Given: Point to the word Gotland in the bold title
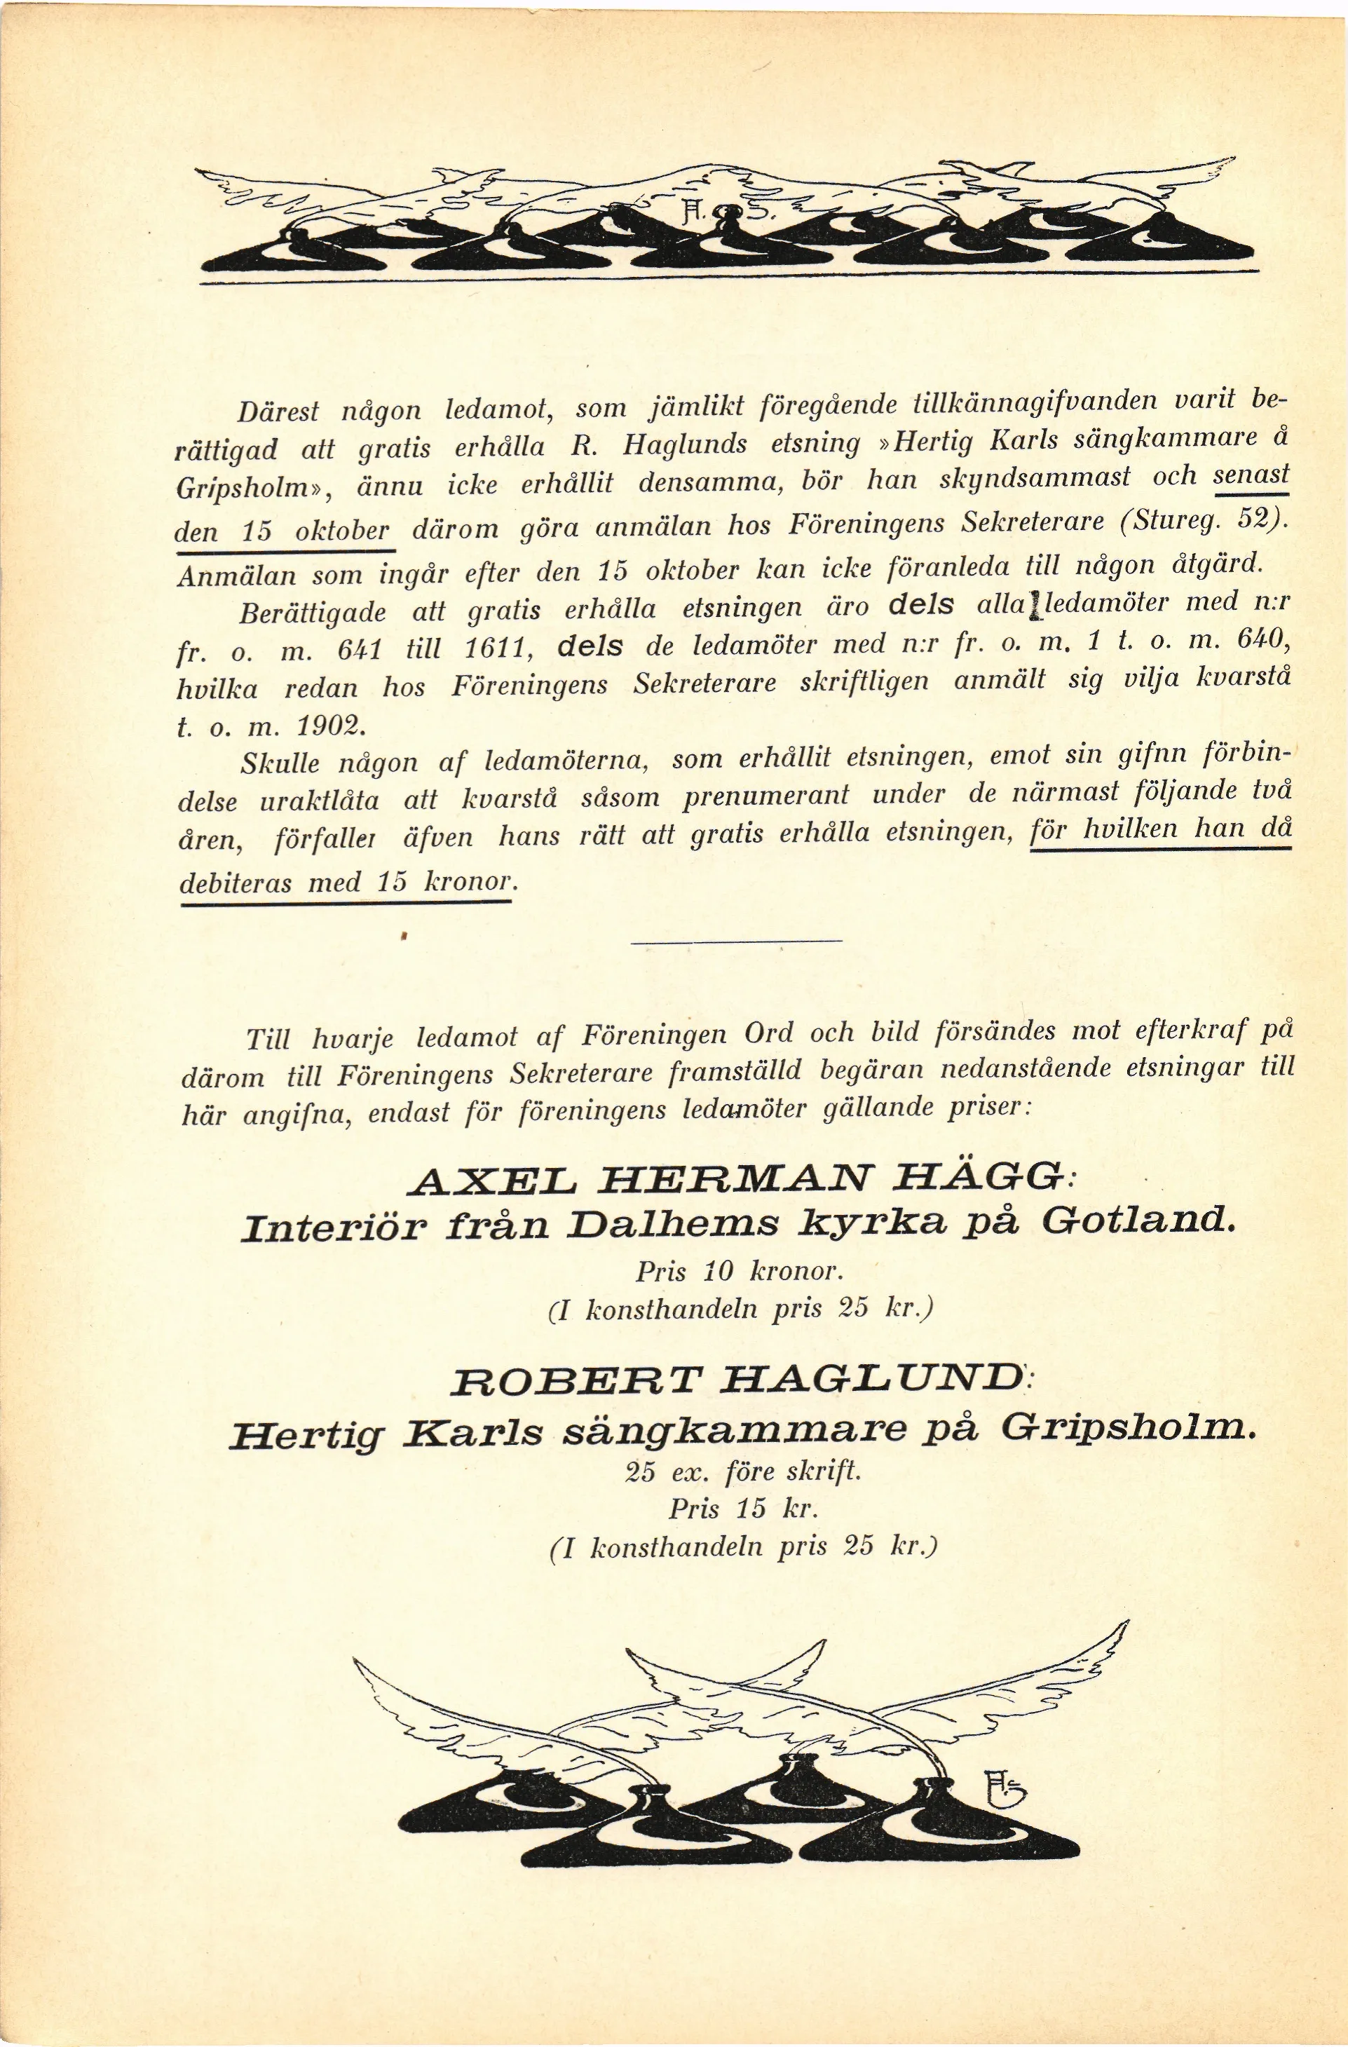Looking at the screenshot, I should [1138, 1221].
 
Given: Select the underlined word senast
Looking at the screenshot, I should [1251, 475].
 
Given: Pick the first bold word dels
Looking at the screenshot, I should [920, 605].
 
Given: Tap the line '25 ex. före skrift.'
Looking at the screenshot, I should [743, 1471].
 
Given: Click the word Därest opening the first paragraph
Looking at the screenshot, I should [278, 411].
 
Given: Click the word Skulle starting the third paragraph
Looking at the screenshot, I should [280, 763].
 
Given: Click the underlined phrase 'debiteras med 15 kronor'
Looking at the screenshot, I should [348, 883].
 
